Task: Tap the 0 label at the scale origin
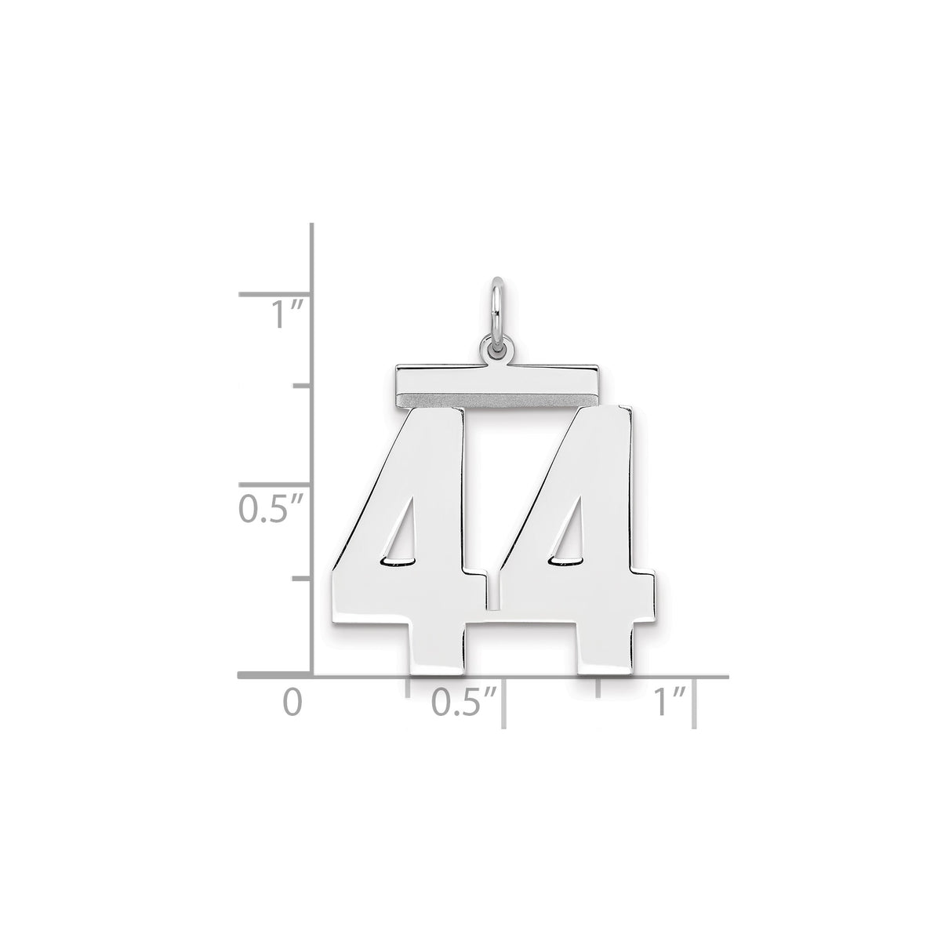point(292,699)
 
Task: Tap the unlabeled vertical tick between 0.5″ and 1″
point(303,386)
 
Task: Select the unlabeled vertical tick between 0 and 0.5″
point(303,578)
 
